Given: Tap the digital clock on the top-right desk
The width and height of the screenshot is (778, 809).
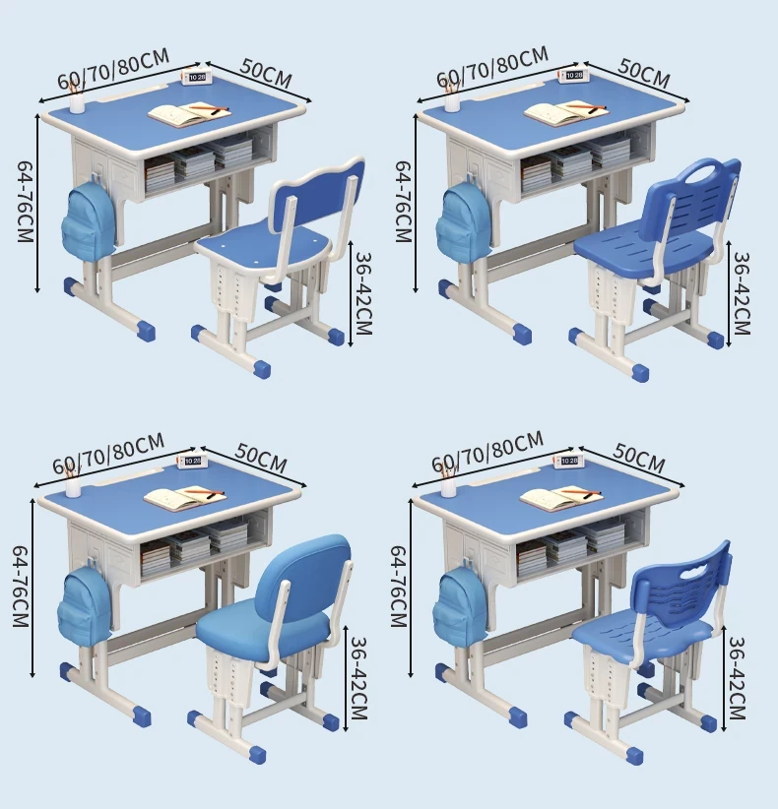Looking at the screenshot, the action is [x=572, y=76].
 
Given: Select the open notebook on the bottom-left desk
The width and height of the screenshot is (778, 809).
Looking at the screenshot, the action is [x=185, y=498].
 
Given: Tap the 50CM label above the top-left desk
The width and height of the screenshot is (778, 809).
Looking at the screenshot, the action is [x=266, y=73].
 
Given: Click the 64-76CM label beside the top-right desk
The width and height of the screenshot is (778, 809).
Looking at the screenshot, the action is [x=403, y=201].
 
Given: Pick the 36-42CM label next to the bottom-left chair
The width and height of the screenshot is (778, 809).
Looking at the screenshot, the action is [x=357, y=678].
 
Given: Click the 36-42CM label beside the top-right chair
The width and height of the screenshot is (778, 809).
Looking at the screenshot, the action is [x=741, y=293].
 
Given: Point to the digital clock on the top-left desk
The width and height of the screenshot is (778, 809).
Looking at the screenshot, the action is [x=194, y=77].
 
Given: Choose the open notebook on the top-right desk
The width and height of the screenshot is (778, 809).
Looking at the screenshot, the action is [x=565, y=113].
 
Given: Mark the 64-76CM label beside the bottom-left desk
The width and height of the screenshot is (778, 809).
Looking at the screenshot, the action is [x=20, y=587].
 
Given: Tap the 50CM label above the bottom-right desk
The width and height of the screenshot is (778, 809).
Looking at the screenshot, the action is [x=639, y=459].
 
